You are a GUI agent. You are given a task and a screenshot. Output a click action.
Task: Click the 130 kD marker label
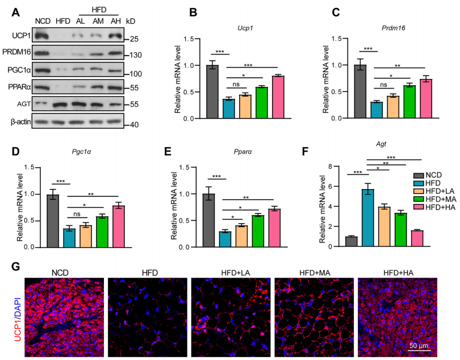tap(136, 56)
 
